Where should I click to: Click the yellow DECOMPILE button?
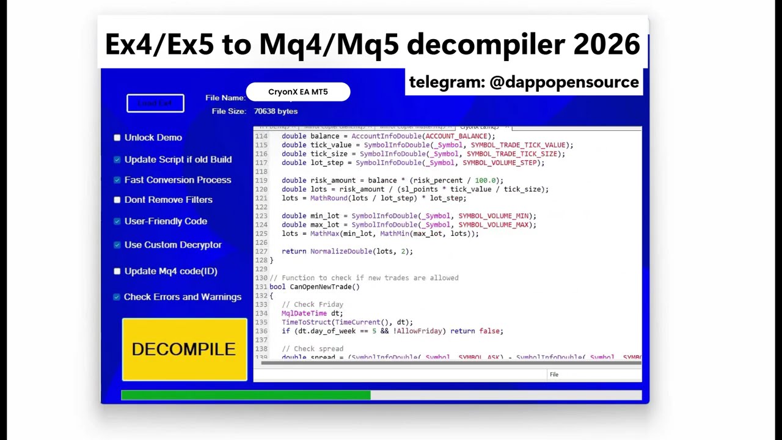click(184, 349)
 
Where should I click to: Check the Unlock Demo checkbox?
click(117, 137)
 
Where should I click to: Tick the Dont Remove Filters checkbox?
click(117, 200)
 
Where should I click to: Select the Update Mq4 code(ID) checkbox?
click(117, 271)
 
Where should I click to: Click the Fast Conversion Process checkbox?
click(117, 180)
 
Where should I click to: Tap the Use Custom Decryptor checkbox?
click(117, 245)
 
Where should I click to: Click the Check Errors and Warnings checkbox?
click(117, 297)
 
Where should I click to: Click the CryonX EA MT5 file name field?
click(298, 92)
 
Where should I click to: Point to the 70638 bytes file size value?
click(276, 111)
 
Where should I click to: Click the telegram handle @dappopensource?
click(564, 82)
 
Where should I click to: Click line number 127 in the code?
click(261, 251)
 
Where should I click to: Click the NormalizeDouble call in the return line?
click(340, 251)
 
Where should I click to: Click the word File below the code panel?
click(554, 375)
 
